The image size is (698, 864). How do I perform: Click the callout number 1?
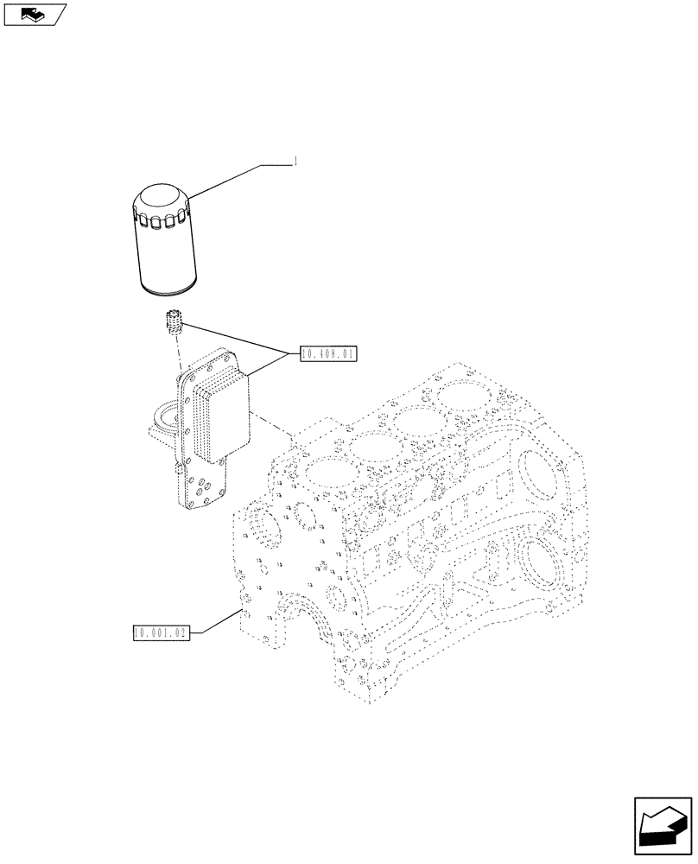[296, 162]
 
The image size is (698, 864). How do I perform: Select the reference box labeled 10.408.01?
[329, 354]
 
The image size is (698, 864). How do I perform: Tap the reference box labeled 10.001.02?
[161, 633]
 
